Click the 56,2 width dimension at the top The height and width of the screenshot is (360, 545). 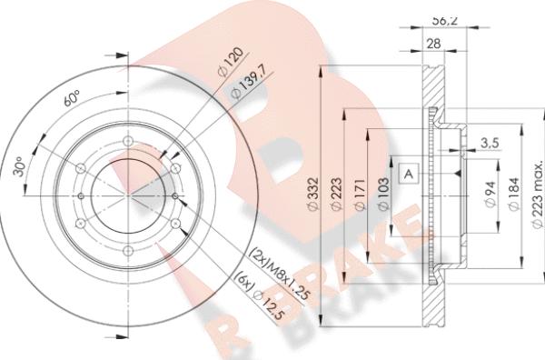(444, 21)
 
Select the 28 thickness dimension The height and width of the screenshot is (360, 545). (433, 44)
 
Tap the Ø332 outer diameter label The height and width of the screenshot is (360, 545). (313, 194)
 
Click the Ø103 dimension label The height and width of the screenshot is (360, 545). (383, 194)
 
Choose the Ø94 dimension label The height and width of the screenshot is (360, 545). (490, 194)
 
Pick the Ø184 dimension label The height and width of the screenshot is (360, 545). (514, 194)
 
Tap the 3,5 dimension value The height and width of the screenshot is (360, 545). (490, 143)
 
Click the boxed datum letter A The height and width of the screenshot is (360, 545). (409, 173)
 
